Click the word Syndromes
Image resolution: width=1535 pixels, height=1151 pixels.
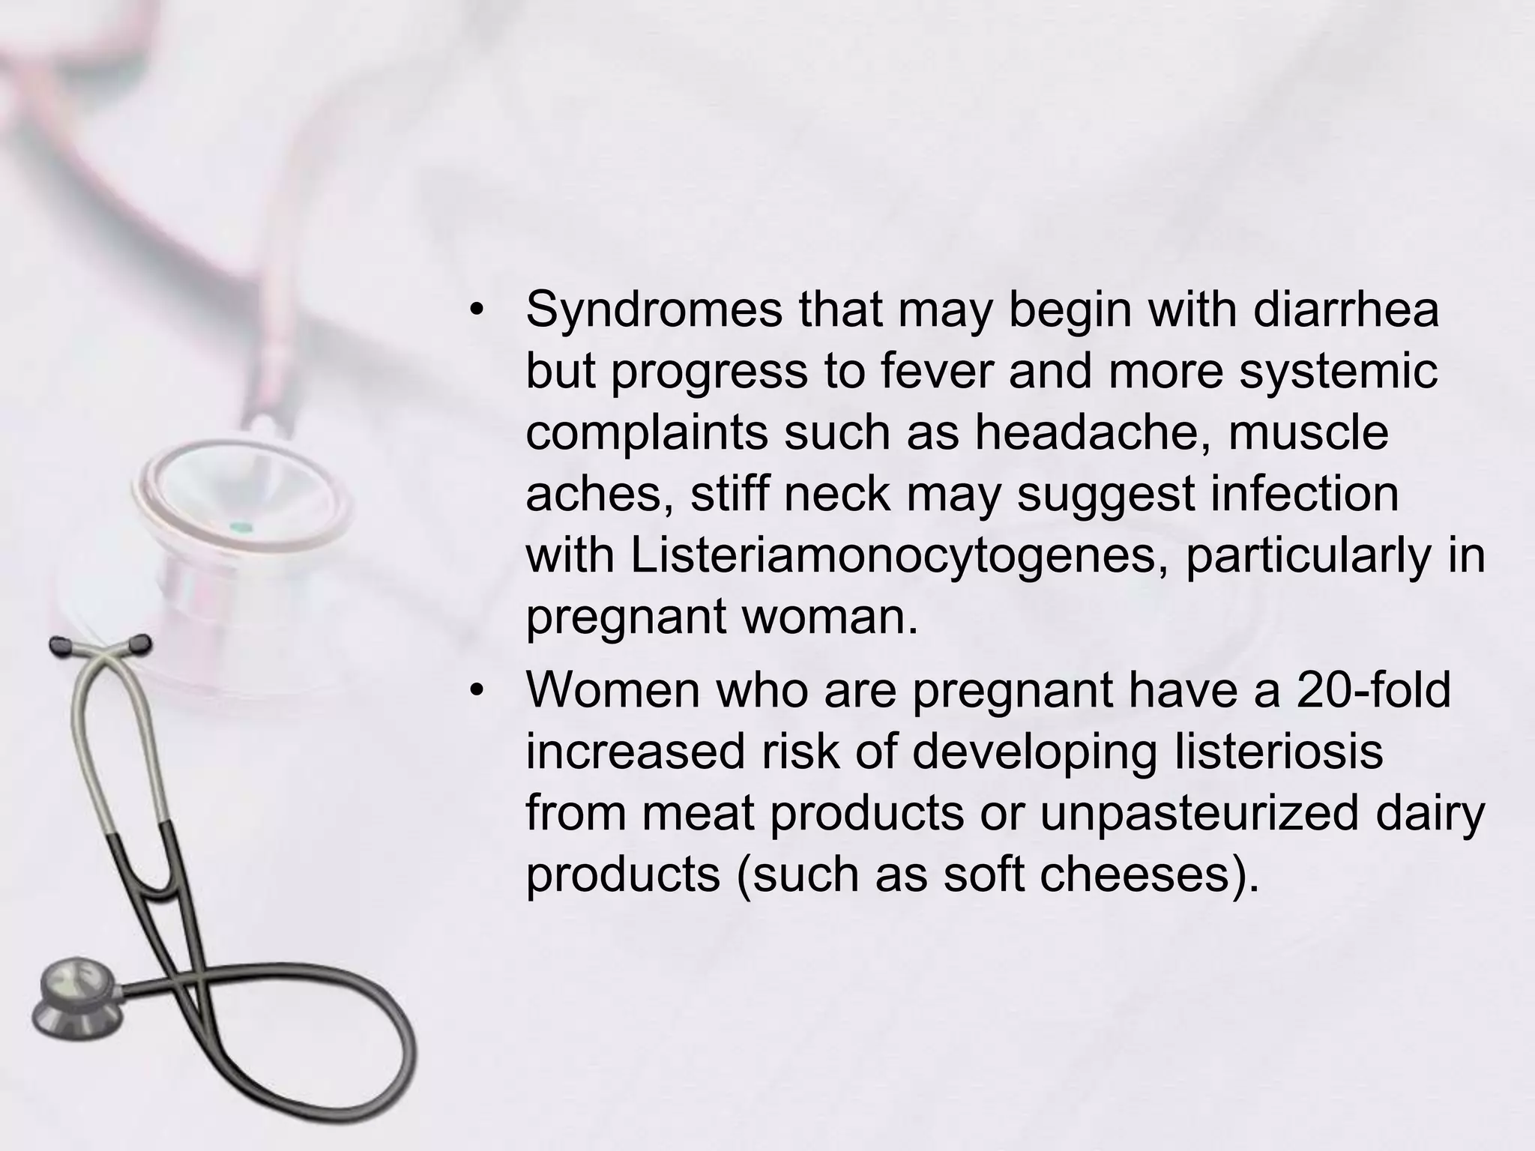[654, 310]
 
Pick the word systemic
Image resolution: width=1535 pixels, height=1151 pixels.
[1338, 372]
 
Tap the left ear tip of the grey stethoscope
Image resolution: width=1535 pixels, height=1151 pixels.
[59, 644]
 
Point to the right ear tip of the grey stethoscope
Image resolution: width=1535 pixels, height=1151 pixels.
[139, 643]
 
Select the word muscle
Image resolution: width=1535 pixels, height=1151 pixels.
[1308, 432]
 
